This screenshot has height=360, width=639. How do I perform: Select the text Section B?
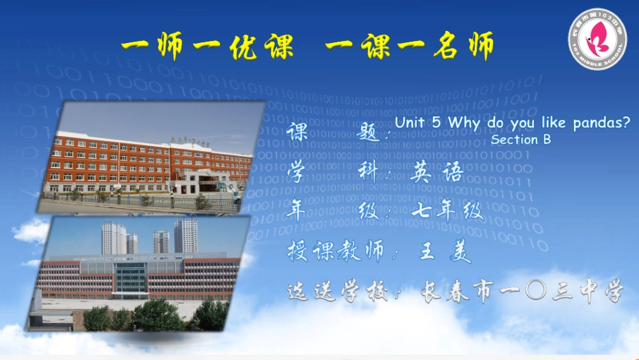pyautogui.click(x=521, y=140)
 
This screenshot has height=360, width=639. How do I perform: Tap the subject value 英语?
pyautogui.click(x=437, y=174)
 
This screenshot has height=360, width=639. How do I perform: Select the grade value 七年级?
pyautogui.click(x=449, y=211)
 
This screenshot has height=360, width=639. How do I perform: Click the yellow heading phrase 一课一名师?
pyautogui.click(x=409, y=46)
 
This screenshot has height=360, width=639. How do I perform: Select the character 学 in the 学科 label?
pyautogui.click(x=296, y=172)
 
